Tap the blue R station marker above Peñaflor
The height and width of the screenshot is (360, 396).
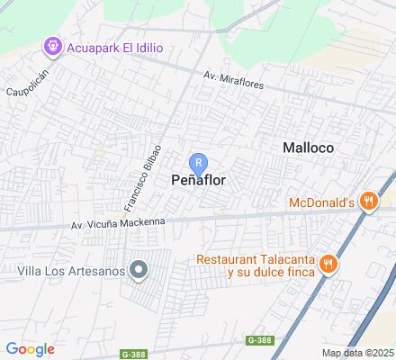click(201, 163)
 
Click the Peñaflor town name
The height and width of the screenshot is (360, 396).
click(198, 180)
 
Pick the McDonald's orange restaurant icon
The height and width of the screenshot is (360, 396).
click(367, 201)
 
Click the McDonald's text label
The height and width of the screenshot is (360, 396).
click(321, 202)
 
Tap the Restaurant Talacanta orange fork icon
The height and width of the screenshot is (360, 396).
click(329, 264)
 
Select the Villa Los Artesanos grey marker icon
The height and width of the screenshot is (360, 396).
click(138, 269)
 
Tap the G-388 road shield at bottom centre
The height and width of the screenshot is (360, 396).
click(258, 339)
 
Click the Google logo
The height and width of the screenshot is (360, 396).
click(30, 348)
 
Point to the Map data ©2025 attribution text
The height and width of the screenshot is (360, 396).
click(358, 353)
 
